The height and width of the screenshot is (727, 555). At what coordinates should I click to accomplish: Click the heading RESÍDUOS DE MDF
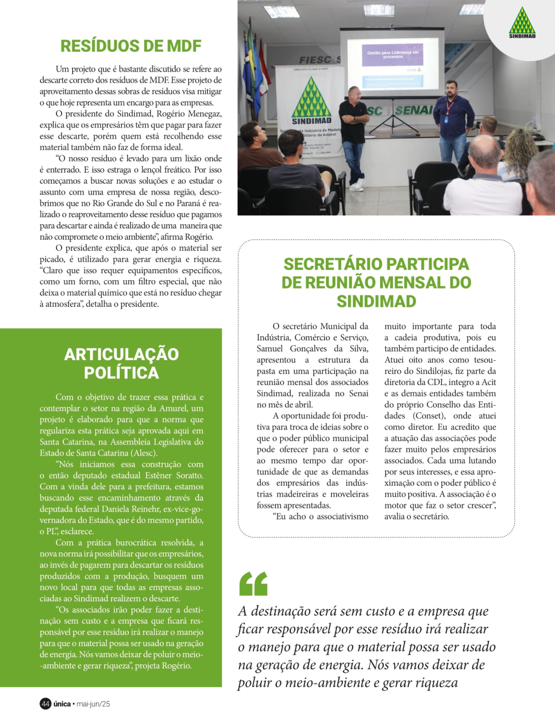[130, 46]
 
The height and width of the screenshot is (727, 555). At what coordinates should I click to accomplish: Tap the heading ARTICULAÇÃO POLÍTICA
[121, 363]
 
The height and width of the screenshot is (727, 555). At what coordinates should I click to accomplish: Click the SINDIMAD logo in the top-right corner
[522, 23]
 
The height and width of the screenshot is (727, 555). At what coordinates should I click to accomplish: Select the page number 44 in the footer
[46, 704]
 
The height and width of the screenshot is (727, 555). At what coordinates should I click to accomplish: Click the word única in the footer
[62, 704]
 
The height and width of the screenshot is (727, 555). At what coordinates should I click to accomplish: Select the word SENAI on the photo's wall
[413, 110]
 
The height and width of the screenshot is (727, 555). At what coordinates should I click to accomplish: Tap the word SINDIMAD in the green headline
[376, 301]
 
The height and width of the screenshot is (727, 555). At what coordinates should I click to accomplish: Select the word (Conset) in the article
[429, 416]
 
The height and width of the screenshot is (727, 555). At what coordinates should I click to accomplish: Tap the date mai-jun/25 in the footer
[93, 704]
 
